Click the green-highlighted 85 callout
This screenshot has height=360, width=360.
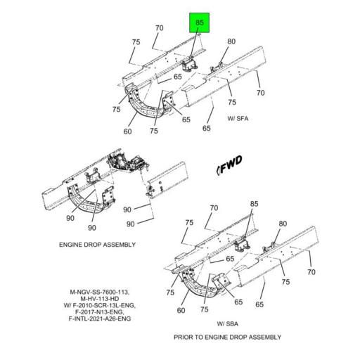coord(199,23)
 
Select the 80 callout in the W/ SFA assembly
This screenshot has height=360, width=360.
coord(231,41)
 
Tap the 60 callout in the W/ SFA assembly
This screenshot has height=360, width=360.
coord(129,131)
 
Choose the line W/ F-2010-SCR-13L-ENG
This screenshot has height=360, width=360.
coord(100,306)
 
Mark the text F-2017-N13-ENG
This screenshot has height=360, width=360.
coord(100,313)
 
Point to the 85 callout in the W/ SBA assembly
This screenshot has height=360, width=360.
coord(254,205)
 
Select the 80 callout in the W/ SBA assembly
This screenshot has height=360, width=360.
coord(283,224)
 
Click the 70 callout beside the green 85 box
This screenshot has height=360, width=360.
coord(160,28)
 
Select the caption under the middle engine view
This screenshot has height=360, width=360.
coord(98,245)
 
